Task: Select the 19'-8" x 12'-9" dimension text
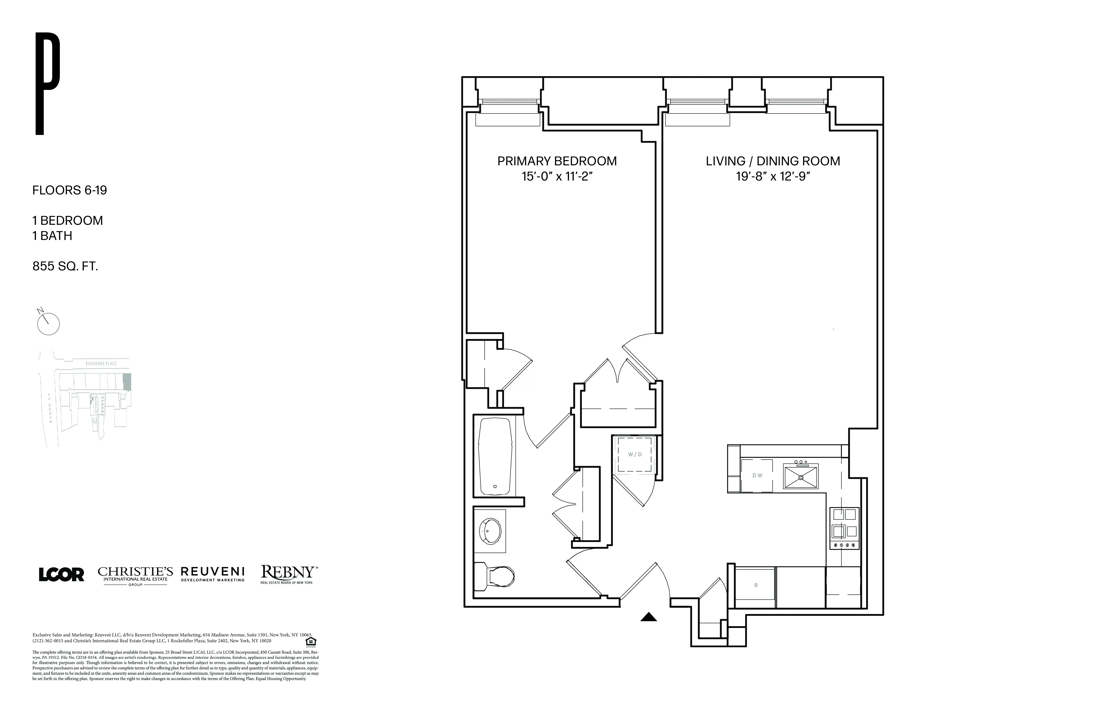click(x=773, y=177)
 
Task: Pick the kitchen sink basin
click(x=801, y=476)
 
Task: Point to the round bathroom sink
click(x=491, y=530)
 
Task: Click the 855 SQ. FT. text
click(x=65, y=266)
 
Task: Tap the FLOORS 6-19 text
click(x=70, y=190)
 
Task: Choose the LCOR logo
click(x=61, y=575)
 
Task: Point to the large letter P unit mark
click(x=47, y=84)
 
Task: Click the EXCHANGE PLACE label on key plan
click(x=101, y=364)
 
